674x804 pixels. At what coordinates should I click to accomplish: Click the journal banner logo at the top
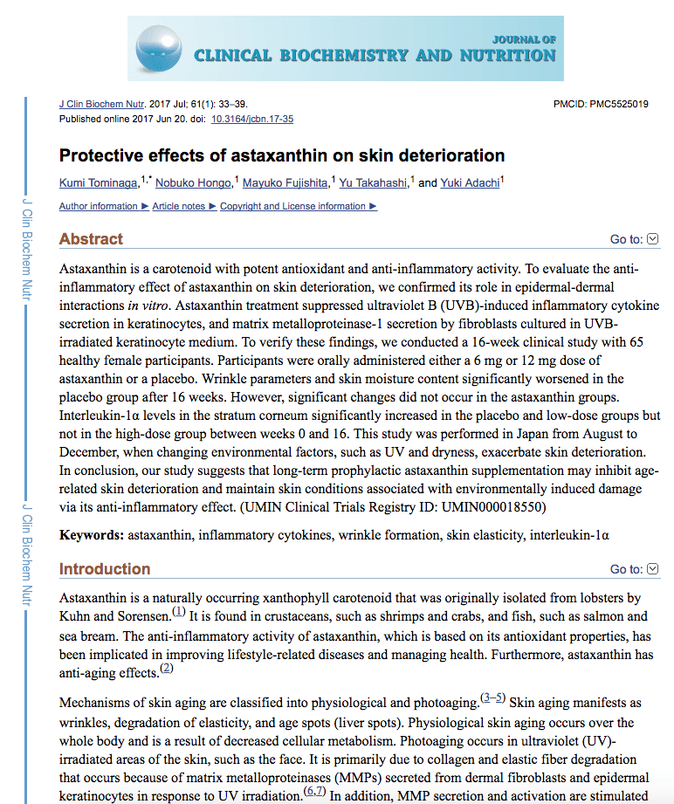pos(345,48)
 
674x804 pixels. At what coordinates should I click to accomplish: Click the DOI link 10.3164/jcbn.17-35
pos(252,119)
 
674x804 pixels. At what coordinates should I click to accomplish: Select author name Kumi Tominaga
pos(99,183)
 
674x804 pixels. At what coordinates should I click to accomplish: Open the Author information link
pos(99,207)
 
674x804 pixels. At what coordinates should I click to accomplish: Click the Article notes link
pos(182,207)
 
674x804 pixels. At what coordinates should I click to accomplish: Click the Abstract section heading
pos(91,239)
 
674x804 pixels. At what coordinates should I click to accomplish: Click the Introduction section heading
pos(104,569)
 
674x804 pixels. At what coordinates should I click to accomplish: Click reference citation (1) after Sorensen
pos(179,610)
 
